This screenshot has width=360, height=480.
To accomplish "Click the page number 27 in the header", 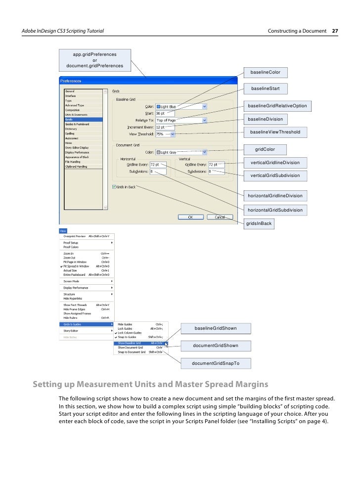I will (335, 31).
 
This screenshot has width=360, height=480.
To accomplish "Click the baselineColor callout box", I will (265, 73).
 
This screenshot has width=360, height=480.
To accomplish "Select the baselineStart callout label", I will (265, 88).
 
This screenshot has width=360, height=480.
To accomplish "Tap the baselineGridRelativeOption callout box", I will (277, 106).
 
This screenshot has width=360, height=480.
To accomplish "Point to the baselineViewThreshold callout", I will (275, 132).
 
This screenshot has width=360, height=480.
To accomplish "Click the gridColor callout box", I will (265, 149).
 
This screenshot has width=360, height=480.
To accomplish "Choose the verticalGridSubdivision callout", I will (275, 175).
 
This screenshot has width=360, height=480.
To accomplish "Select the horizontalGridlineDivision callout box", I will (275, 196).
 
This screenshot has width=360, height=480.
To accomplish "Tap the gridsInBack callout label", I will (259, 223).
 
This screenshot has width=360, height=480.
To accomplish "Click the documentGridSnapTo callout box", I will (216, 363).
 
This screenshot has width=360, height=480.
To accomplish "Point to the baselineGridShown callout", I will (216, 328).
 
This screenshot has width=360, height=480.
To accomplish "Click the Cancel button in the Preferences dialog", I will (220, 217).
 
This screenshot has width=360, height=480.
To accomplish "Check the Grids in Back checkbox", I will (114, 187).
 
